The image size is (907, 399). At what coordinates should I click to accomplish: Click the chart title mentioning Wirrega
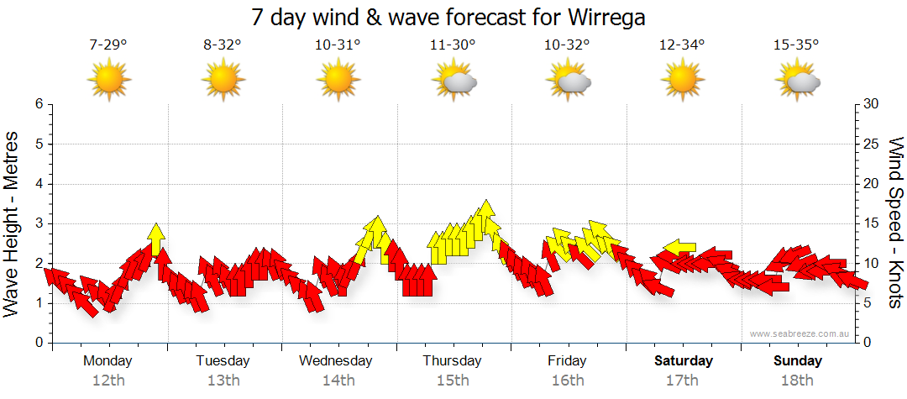point(453,18)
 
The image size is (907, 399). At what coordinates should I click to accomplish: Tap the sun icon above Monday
point(108,81)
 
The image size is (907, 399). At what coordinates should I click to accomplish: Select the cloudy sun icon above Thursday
point(453,81)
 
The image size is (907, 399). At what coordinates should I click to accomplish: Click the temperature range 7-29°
point(108,45)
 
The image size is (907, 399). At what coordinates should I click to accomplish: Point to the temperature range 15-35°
point(797,45)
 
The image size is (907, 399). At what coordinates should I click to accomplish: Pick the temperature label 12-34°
point(682,45)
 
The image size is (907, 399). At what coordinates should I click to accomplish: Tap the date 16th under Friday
point(568,381)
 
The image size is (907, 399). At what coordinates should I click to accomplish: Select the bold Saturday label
point(684,361)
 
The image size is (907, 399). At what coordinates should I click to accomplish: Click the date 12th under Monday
point(108,381)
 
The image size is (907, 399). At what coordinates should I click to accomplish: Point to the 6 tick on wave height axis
point(39,104)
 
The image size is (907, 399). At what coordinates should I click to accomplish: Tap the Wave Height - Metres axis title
point(13,223)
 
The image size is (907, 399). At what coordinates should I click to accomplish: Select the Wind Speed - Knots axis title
point(895,223)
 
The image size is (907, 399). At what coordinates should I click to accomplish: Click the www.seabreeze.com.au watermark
point(801,334)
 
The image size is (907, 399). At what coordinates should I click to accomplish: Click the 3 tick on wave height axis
point(39,223)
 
